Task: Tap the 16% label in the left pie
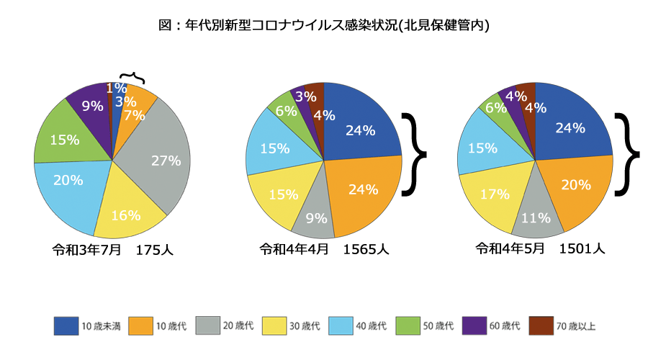[127, 215]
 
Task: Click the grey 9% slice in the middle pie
[315, 216]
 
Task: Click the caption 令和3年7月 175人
[112, 251]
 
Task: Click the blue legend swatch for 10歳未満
[66, 326]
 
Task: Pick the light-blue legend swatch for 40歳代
[340, 326]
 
